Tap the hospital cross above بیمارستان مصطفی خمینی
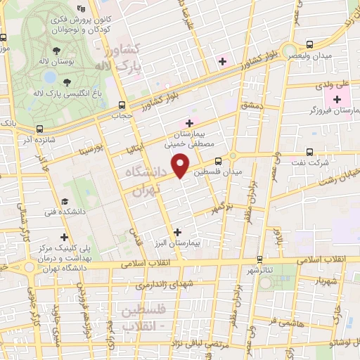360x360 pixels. [189, 123]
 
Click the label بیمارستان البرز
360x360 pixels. [176, 241]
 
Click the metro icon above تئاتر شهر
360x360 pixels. [260, 259]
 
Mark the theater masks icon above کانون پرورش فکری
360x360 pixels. [82, 9]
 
